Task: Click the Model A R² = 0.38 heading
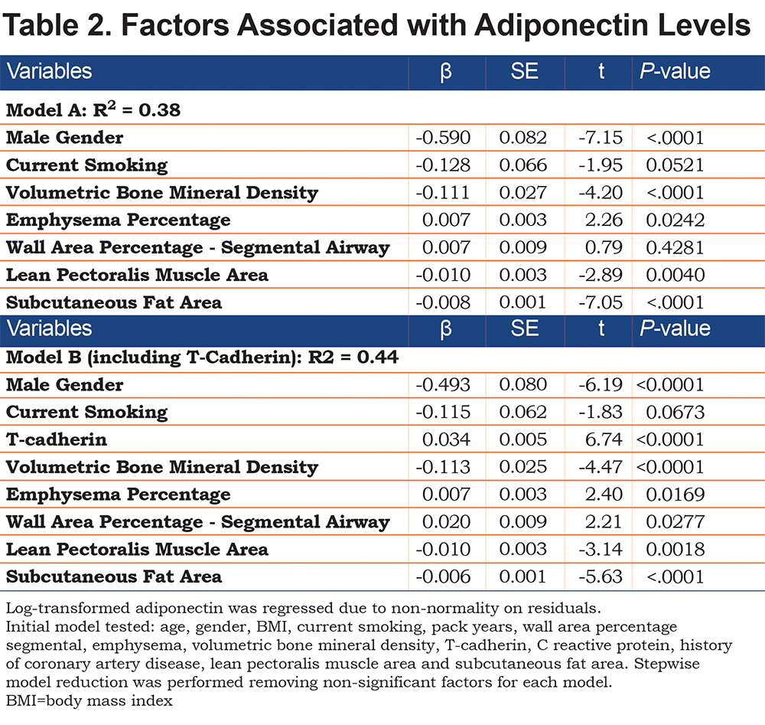click(93, 109)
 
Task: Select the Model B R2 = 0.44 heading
click(202, 358)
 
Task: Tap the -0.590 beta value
click(443, 138)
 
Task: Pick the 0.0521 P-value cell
click(675, 165)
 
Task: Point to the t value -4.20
click(601, 192)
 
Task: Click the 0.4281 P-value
click(675, 247)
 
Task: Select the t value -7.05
click(601, 302)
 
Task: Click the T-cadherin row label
click(56, 439)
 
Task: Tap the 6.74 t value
click(604, 439)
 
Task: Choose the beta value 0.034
click(447, 439)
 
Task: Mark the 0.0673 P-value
click(675, 412)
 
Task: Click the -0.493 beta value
click(443, 385)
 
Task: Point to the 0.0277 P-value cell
click(675, 522)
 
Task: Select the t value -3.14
click(601, 549)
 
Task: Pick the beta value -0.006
click(443, 576)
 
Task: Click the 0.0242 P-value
click(675, 220)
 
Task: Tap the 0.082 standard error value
click(523, 138)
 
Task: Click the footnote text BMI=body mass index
click(90, 701)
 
